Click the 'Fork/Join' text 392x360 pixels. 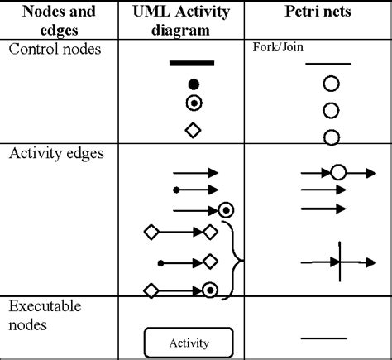[x=277, y=48]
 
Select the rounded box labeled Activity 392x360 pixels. [x=189, y=342]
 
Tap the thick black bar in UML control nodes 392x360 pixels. [x=192, y=63]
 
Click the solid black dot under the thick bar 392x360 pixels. [x=194, y=84]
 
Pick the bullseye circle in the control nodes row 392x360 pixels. [x=194, y=103]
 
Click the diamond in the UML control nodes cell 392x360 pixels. [x=194, y=130]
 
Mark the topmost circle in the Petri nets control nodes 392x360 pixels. [x=331, y=83]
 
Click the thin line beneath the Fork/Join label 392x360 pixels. [x=328, y=63]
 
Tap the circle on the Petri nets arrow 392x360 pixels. [x=337, y=173]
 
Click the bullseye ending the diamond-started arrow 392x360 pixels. [x=210, y=290]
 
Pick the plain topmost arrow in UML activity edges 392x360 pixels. [x=195, y=173]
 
